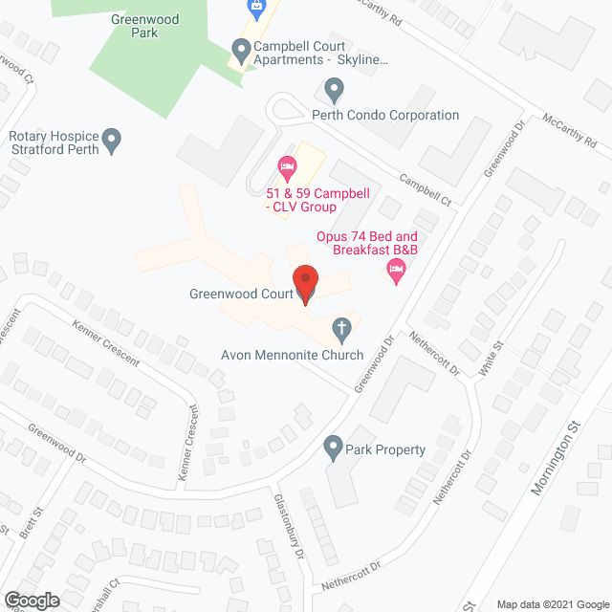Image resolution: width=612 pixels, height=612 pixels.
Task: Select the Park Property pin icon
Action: point(334,446)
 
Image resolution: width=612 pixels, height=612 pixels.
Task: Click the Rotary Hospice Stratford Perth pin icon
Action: point(112,141)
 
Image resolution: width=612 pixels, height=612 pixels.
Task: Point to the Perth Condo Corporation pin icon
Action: point(334,91)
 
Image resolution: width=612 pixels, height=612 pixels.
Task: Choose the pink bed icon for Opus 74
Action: point(396,273)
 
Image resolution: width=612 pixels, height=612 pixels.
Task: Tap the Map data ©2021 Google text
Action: point(551,603)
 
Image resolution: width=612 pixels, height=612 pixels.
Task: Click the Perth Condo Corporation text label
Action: point(385,115)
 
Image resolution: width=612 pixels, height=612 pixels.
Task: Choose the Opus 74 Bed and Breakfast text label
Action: point(368,243)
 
